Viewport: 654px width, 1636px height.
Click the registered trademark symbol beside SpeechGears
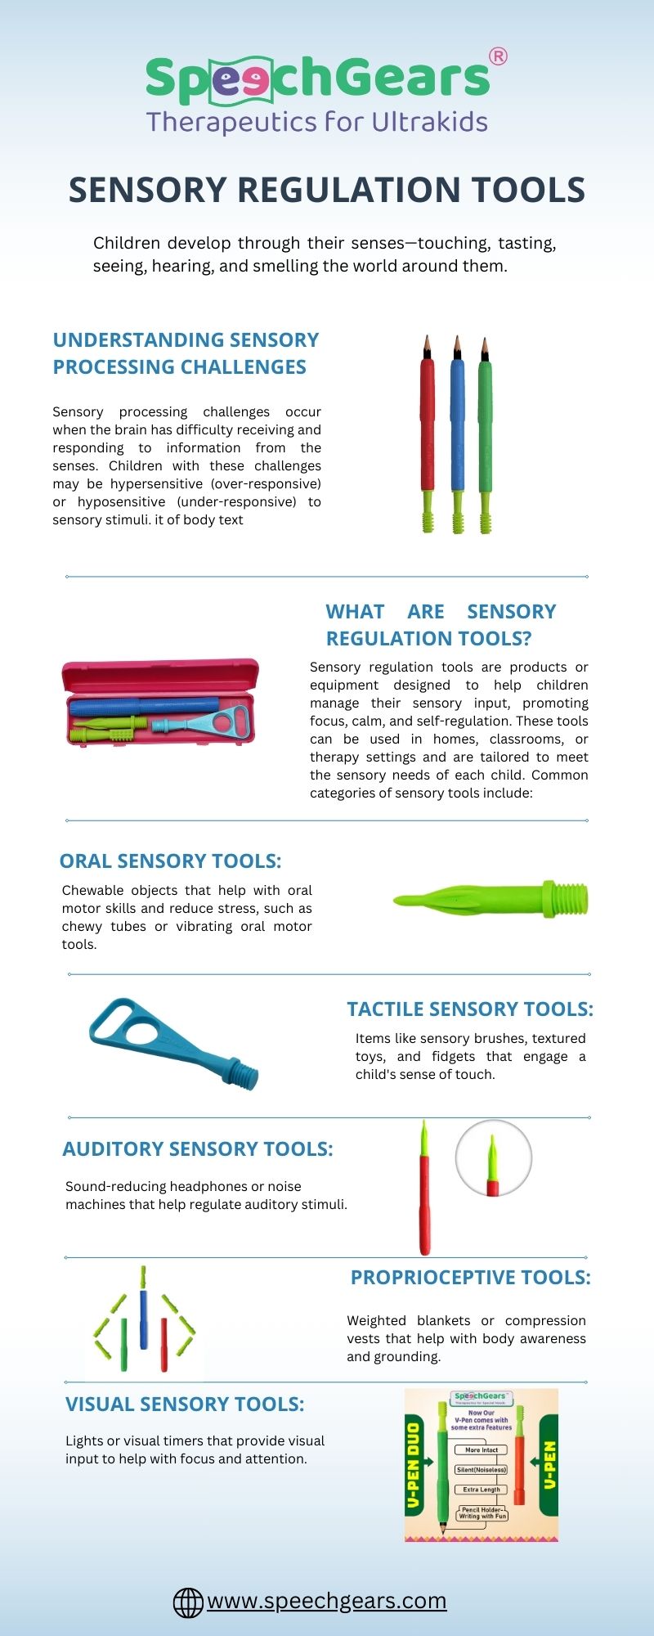click(497, 56)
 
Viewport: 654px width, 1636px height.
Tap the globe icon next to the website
click(188, 1602)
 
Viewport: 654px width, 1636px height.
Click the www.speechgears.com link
click(326, 1600)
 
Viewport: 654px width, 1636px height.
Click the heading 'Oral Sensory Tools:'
click(170, 861)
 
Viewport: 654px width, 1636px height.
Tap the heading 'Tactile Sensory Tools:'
click(470, 1009)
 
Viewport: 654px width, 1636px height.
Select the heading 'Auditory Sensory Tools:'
click(198, 1148)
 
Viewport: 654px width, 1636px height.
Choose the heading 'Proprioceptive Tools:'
click(470, 1277)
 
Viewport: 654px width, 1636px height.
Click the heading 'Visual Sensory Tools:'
click(185, 1404)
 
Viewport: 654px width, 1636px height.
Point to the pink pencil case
click(160, 702)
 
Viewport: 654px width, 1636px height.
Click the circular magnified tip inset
click(493, 1158)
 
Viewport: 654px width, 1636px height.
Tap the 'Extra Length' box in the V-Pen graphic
click(482, 1490)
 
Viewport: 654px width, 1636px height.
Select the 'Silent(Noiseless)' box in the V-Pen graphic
click(482, 1469)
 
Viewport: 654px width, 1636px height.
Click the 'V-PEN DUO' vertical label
click(414, 1464)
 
